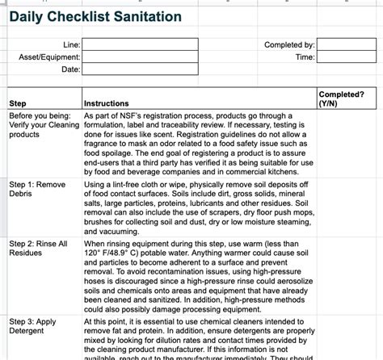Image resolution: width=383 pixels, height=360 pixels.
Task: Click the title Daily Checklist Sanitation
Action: click(95, 18)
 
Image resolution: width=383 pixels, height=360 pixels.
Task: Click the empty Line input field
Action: click(139, 45)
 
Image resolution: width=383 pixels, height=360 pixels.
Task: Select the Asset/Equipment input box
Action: click(139, 57)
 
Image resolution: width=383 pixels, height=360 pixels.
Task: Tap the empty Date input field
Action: click(139, 70)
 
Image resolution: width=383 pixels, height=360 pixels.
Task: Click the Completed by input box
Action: click(346, 45)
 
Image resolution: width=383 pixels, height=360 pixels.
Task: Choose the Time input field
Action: click(346, 57)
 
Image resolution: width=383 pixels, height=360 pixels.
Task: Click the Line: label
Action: click(71, 45)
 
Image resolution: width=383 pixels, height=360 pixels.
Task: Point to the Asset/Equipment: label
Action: click(50, 57)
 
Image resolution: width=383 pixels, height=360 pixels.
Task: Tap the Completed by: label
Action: click(289, 45)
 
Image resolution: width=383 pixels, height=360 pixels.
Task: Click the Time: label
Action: click(305, 57)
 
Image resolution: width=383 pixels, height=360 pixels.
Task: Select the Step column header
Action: click(17, 103)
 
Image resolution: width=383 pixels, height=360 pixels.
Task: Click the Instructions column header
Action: click(107, 103)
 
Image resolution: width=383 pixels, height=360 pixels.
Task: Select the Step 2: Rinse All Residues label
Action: click(38, 249)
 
